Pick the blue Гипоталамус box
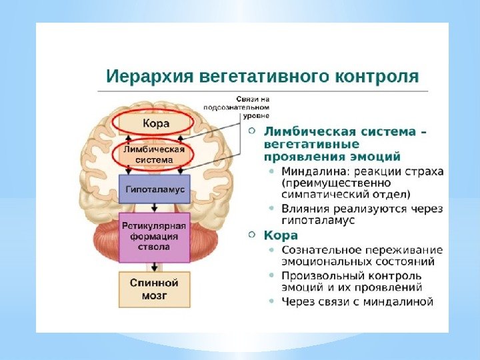pos(155,189)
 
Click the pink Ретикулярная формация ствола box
pos(155,237)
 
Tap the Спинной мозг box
pos(154,289)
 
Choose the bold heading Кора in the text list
pos(281,235)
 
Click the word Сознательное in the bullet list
pos(317,249)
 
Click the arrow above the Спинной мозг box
pos(155,266)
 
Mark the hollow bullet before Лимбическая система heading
pos(251,131)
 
